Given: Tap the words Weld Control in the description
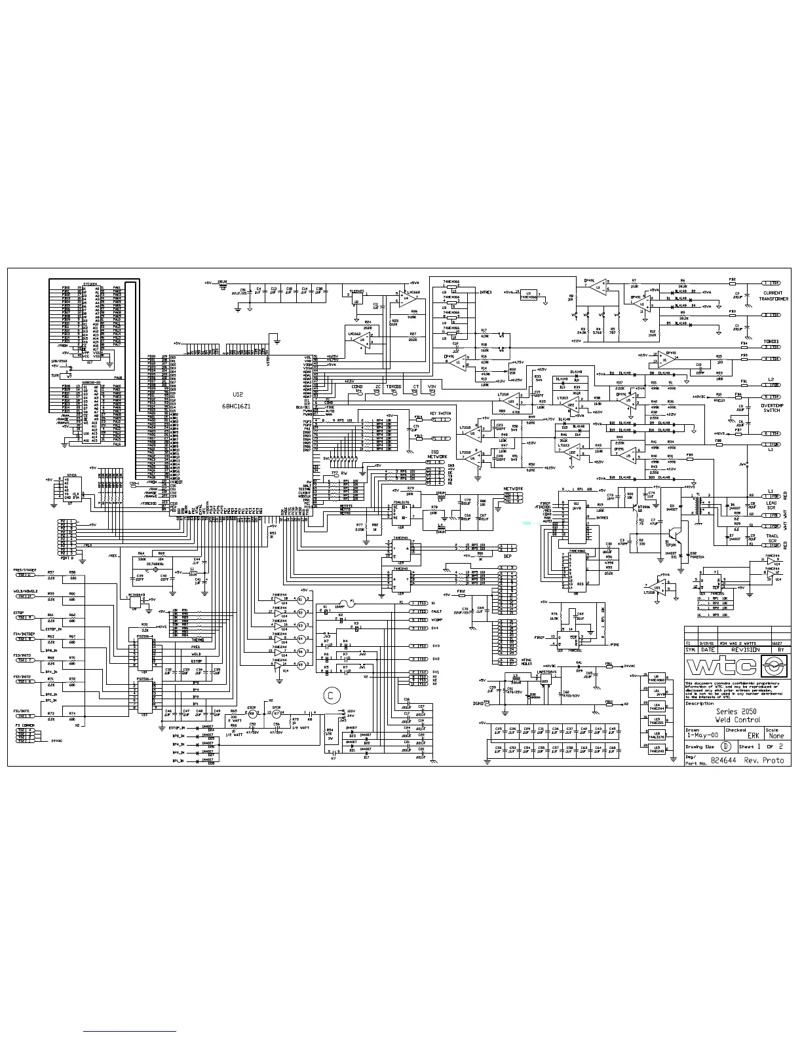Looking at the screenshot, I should [737, 719].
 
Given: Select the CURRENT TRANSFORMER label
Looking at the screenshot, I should [773, 296].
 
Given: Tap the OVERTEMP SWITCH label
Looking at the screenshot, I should [772, 407].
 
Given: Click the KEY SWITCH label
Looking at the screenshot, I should [440, 414].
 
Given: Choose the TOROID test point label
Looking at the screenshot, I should [393, 387].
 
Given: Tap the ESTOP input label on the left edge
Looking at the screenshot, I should [19, 613].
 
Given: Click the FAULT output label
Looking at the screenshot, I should [436, 611].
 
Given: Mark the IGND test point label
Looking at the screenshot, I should [478, 703].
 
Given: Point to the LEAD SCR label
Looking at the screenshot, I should [772, 505].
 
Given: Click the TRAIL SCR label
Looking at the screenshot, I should [772, 538].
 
